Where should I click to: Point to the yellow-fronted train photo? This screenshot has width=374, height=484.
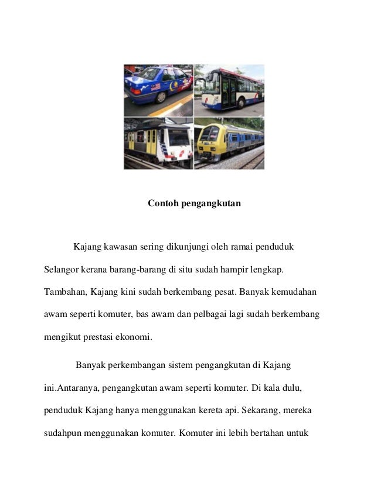[229, 144]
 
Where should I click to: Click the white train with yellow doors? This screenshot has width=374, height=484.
[158, 144]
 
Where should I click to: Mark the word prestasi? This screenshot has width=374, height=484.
[102, 337]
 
